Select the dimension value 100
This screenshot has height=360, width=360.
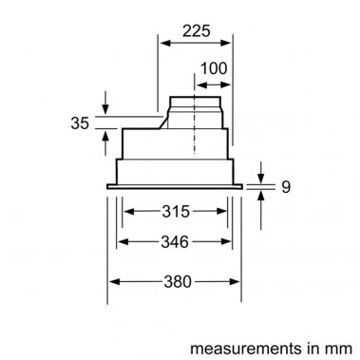click(x=214, y=70)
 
